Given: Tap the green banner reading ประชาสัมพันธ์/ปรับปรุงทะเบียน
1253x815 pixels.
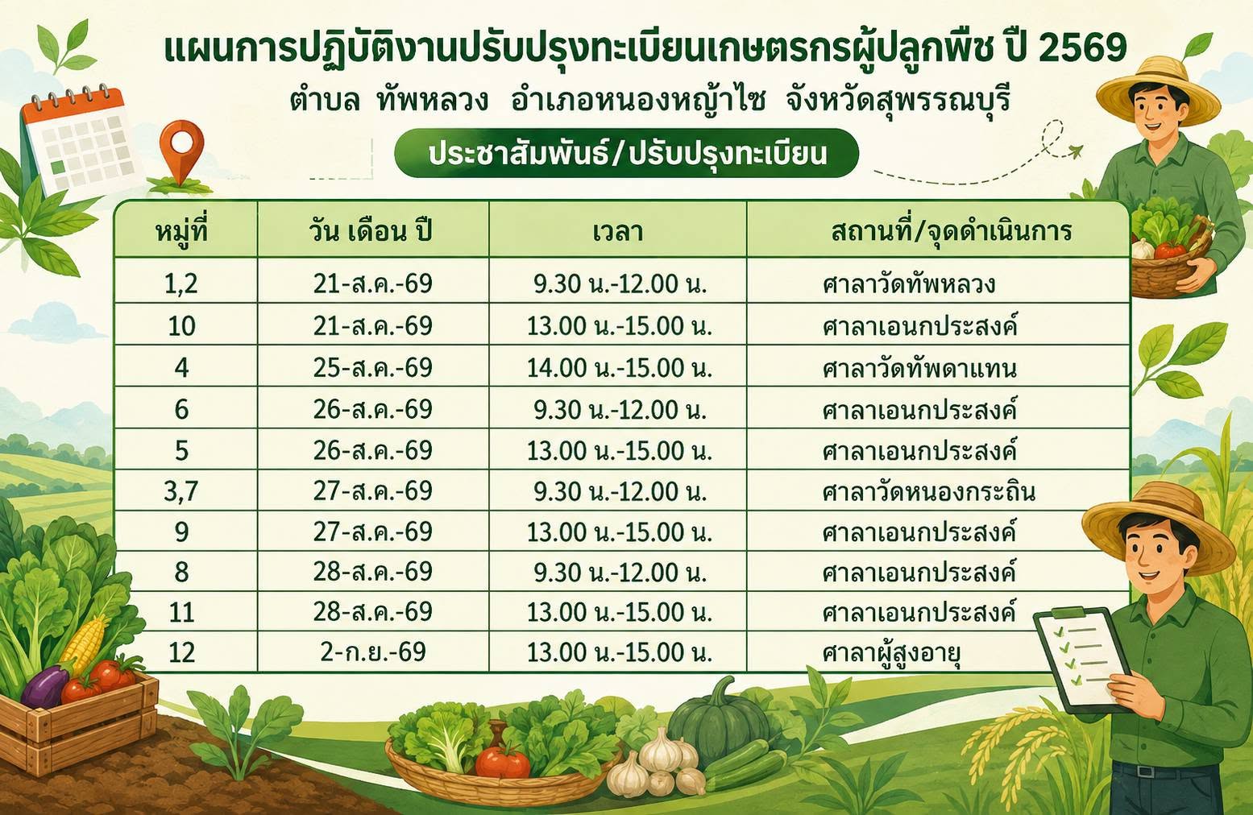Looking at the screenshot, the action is [x=626, y=153].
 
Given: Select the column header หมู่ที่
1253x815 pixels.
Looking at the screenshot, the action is [x=182, y=230].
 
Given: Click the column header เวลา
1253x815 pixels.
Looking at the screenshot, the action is [x=617, y=231].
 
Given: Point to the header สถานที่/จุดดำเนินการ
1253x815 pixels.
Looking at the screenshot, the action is [x=952, y=231].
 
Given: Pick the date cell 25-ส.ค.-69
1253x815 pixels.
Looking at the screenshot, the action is [x=372, y=367].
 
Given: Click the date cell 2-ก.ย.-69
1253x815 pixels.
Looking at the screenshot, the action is [x=373, y=652].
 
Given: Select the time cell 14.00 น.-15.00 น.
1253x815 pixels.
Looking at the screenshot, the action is [x=619, y=368].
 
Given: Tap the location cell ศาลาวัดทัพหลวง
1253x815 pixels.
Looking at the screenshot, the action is [x=908, y=284].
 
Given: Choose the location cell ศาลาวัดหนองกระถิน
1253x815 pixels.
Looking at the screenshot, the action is [x=928, y=491].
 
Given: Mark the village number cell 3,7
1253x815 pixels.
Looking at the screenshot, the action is [x=181, y=491].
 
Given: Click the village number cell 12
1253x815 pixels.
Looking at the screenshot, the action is [x=182, y=652].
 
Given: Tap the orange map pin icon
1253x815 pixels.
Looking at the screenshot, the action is [x=181, y=151].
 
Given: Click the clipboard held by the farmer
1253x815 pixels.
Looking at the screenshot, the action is [x=1081, y=659].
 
